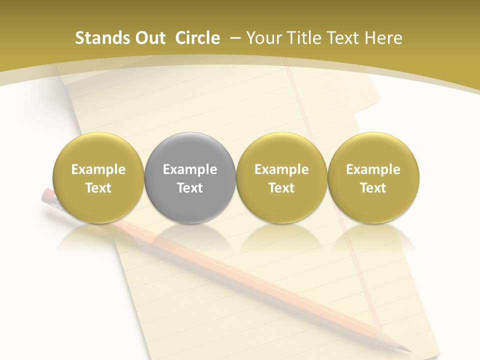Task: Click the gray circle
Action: click(190, 177)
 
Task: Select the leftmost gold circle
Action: click(98, 177)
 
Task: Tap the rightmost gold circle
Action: click(373, 177)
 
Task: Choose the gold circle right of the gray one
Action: click(281, 177)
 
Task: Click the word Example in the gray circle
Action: click(190, 169)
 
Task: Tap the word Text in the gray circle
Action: click(190, 188)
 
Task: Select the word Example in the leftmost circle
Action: click(98, 169)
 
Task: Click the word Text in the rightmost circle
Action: click(373, 188)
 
